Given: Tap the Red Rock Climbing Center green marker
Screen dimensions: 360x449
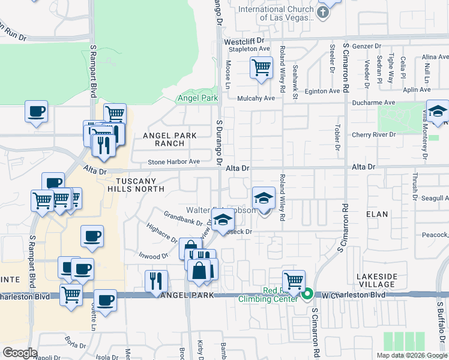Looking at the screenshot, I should pyautogui.click(x=307, y=294).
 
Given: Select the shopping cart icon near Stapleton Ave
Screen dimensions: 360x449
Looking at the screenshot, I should pyautogui.click(x=262, y=68).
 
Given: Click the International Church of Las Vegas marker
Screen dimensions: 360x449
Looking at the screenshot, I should pyautogui.click(x=324, y=13).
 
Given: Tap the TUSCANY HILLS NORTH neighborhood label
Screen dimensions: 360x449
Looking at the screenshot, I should pyautogui.click(x=139, y=185).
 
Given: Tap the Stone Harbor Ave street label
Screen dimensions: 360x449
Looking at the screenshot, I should pyautogui.click(x=174, y=162).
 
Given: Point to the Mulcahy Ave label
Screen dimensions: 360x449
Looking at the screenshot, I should pyautogui.click(x=256, y=98).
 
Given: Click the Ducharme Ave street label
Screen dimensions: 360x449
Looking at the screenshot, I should pyautogui.click(x=373, y=103).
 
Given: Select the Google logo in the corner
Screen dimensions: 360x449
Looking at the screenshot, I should pyautogui.click(x=20, y=353).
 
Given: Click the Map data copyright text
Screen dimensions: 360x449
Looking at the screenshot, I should pyautogui.click(x=412, y=355).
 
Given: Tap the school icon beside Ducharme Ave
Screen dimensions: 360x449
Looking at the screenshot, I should pyautogui.click(x=438, y=112).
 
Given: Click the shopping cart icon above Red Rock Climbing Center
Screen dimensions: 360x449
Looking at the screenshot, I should pyautogui.click(x=294, y=280).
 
